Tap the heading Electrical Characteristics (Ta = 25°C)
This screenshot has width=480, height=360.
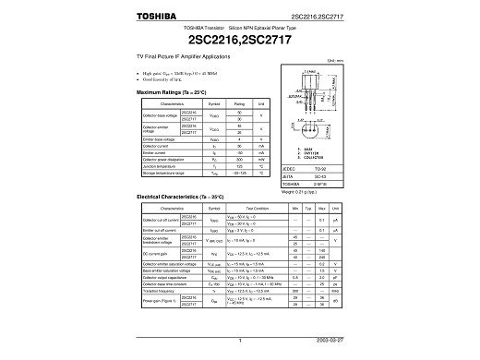click(x=182, y=198)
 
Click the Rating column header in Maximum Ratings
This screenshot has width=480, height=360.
click(x=238, y=105)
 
